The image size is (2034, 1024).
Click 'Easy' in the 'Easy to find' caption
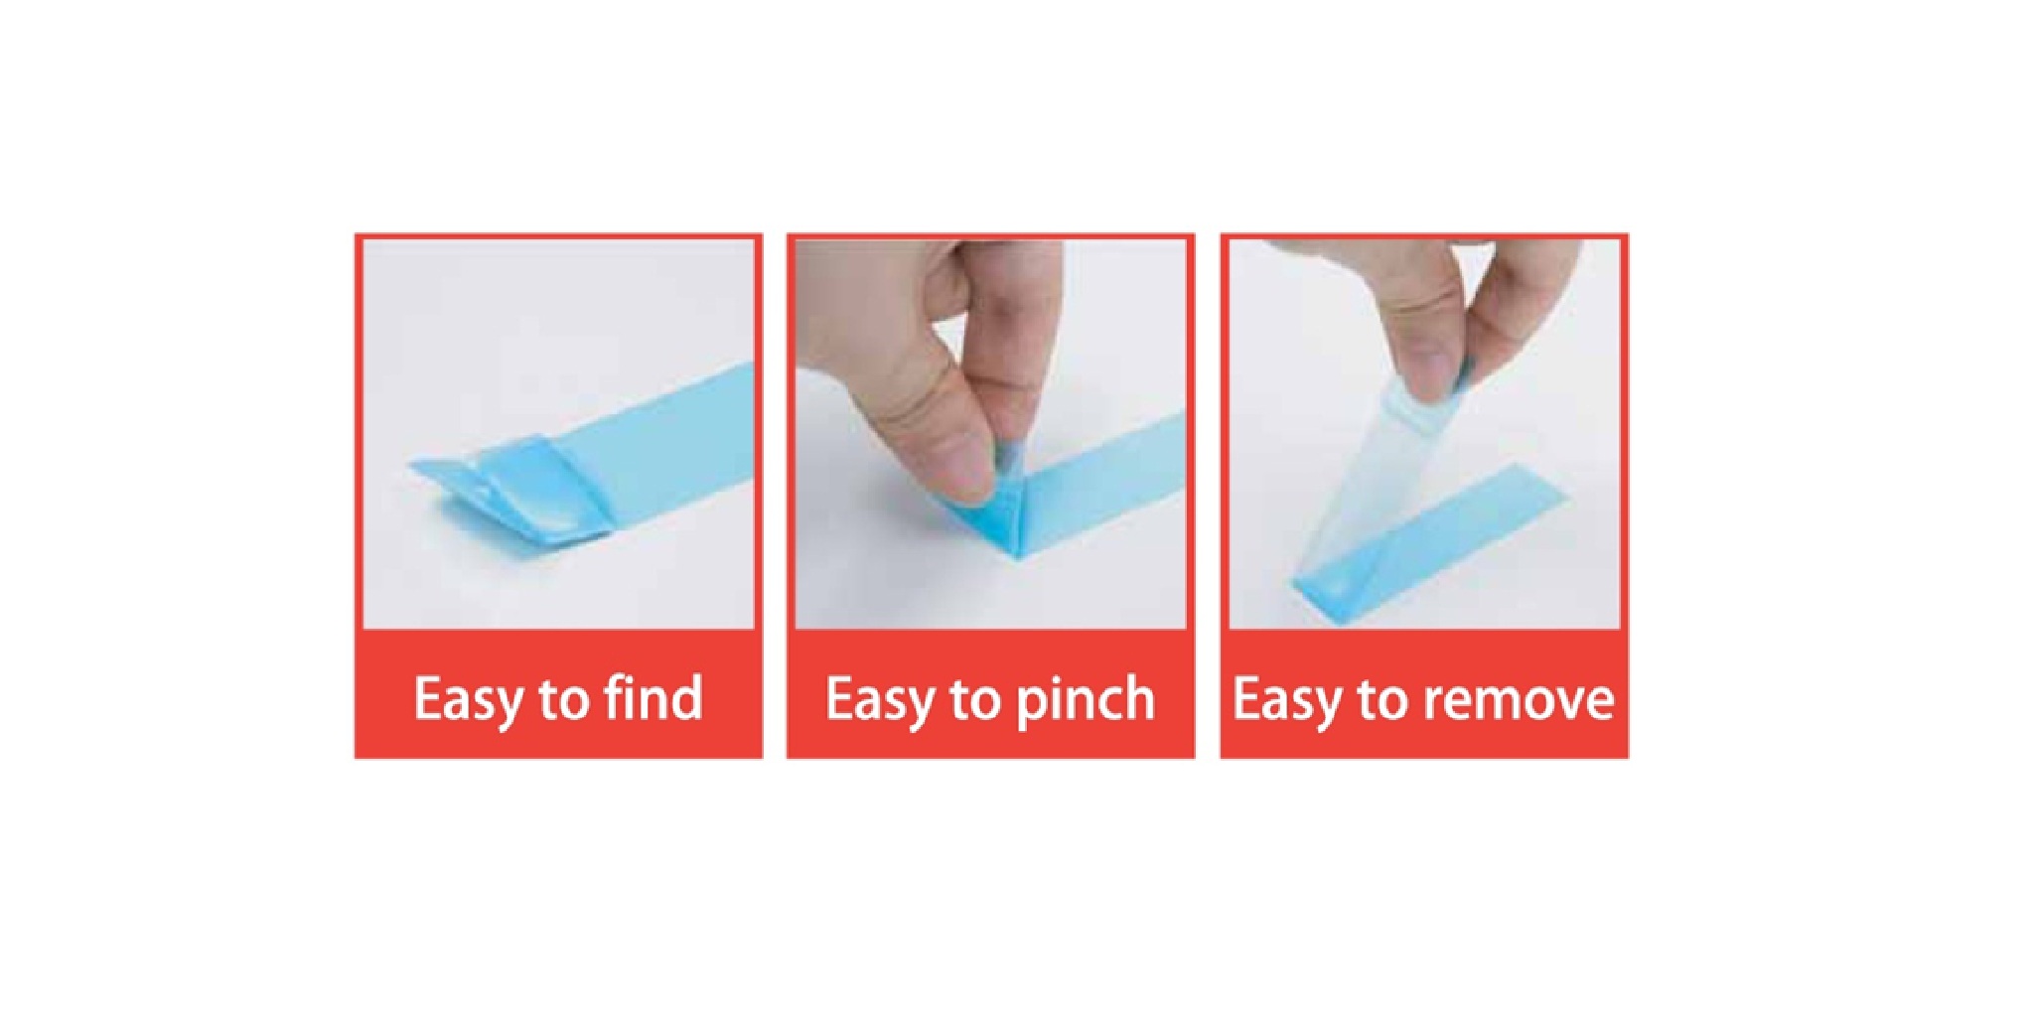(x=468, y=699)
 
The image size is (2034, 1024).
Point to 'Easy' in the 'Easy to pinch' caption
(x=879, y=699)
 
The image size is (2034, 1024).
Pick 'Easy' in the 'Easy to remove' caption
(x=1287, y=699)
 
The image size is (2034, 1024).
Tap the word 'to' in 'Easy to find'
(x=562, y=699)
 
